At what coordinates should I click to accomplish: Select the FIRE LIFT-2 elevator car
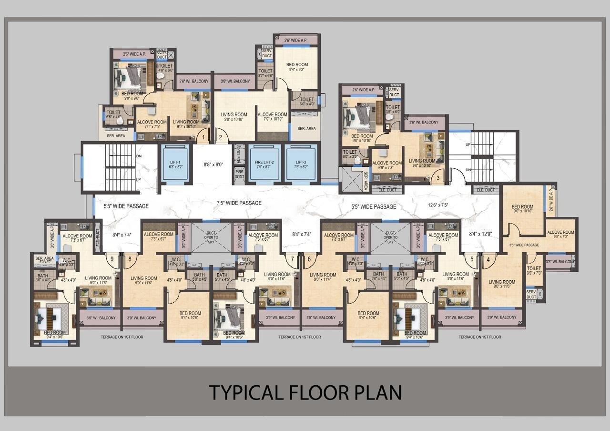[x=264, y=164]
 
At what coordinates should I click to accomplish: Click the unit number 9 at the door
[x=112, y=259]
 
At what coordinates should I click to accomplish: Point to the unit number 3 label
[x=438, y=178]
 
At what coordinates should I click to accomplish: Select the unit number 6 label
[x=309, y=259]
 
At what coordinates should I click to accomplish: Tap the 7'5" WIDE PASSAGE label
[x=239, y=203]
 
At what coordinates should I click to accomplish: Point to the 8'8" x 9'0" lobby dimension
[x=213, y=164]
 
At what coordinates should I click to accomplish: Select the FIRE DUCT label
[x=239, y=174]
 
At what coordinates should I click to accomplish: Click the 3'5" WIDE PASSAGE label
[x=524, y=245]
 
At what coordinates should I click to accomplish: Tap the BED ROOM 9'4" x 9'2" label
[x=297, y=67]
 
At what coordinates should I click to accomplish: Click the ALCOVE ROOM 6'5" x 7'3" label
[x=560, y=234]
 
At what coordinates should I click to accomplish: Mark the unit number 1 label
[x=203, y=138]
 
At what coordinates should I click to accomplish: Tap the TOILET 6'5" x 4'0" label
[x=114, y=114]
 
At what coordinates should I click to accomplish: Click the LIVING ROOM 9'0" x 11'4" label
[x=323, y=277]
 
